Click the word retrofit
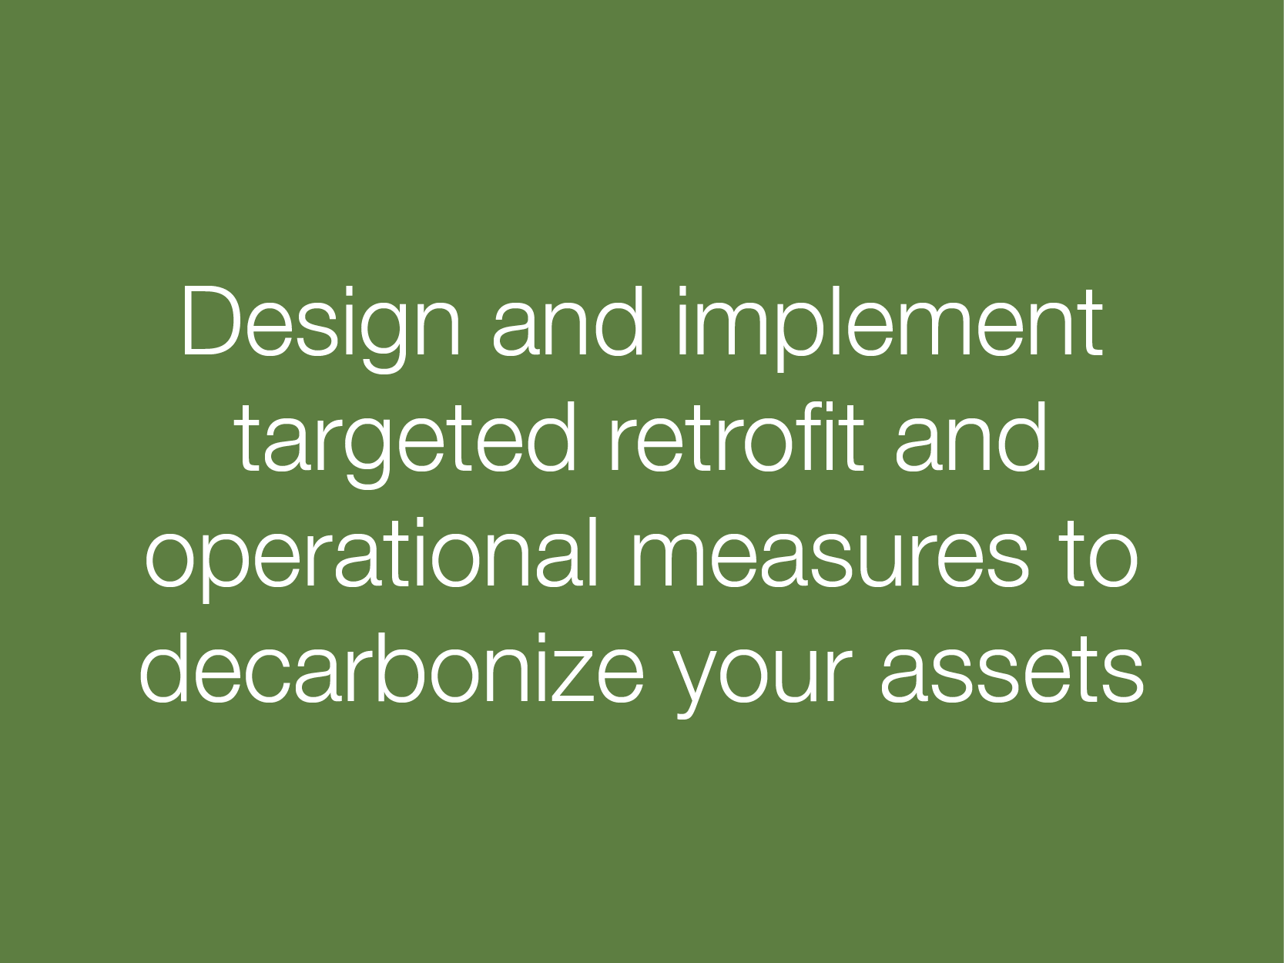736,437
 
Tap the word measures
830,559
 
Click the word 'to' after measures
1100,555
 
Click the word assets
1012,673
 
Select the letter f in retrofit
810,437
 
